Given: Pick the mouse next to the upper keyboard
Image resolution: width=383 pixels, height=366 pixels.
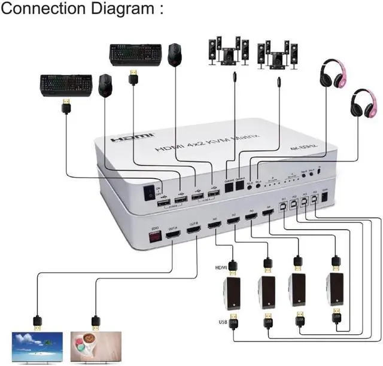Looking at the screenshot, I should click(174, 55).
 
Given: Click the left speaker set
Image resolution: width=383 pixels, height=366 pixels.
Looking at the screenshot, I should click(227, 52).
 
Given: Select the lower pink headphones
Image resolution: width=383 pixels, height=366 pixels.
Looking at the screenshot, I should click(363, 103).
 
